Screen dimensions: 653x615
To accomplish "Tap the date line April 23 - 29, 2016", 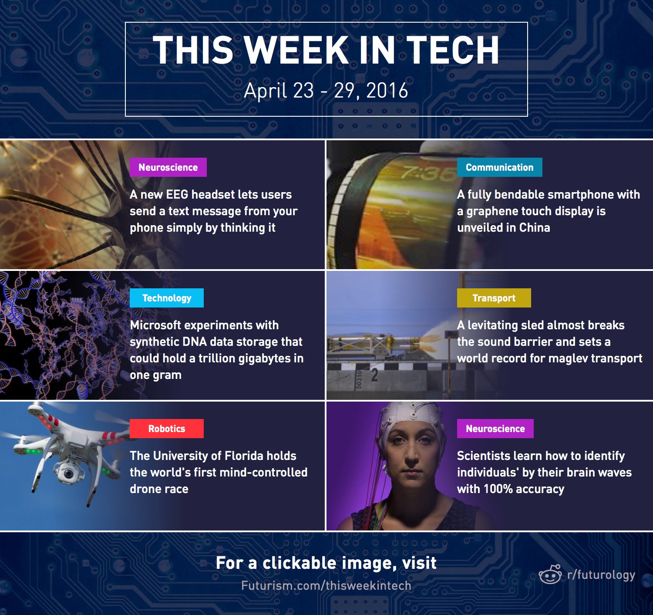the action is coord(326,91).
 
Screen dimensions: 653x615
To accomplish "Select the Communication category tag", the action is coord(499,167).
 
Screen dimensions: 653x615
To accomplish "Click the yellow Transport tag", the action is coord(494,298).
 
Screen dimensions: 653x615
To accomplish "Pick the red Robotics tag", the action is coord(167,429).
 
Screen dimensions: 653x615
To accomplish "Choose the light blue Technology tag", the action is coord(167,298).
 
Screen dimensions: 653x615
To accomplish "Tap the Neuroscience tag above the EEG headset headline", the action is coord(168,167).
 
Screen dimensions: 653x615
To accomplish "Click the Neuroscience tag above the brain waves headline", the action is coord(495,429).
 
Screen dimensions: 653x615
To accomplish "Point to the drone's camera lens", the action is coord(68,474).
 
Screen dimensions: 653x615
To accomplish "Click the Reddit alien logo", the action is coord(550,574).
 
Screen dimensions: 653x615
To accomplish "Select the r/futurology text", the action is coord(601,575).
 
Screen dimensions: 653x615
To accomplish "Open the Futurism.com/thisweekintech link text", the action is coord(326,586).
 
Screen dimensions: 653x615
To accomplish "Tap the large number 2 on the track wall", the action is coord(374,375).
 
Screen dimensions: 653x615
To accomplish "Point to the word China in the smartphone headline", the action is coord(535,228).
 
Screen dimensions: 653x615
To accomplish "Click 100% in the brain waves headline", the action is coord(498,489).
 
